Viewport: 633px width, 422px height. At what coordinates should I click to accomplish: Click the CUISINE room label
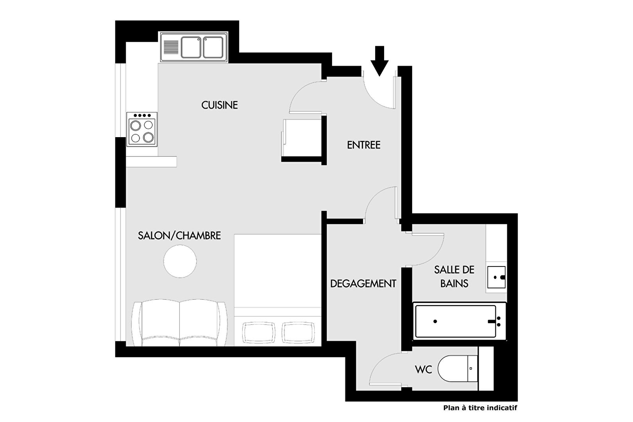[220, 105]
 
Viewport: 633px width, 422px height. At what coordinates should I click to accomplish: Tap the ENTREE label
[364, 145]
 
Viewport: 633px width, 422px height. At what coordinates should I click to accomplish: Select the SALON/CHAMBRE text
[179, 236]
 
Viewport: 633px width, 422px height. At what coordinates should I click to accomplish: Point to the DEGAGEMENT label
[363, 284]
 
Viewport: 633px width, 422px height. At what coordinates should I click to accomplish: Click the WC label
[424, 369]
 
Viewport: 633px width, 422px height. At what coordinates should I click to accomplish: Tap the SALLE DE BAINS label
[454, 276]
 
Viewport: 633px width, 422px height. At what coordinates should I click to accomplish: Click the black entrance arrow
[379, 61]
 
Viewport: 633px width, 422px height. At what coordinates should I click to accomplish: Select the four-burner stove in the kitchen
[142, 129]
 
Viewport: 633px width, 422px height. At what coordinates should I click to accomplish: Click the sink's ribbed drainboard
[171, 48]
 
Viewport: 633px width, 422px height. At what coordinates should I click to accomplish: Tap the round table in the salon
[180, 261]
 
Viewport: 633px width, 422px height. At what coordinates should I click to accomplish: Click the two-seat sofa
[180, 322]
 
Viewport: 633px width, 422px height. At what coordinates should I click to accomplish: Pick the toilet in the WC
[458, 369]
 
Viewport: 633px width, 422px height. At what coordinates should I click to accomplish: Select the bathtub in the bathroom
[460, 321]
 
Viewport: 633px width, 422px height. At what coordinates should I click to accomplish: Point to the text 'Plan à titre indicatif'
[480, 408]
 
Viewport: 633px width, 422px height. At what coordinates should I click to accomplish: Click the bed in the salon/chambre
[278, 290]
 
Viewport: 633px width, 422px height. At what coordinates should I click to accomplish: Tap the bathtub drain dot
[435, 321]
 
